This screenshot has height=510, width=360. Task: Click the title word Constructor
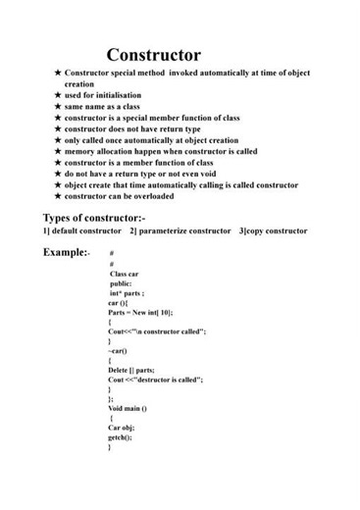tap(153, 55)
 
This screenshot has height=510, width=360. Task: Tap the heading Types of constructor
tap(94, 218)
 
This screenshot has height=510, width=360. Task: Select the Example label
tap(66, 253)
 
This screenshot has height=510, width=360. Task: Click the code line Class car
tap(125, 274)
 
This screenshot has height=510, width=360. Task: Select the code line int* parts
tap(128, 293)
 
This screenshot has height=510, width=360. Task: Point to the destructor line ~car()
tap(118, 350)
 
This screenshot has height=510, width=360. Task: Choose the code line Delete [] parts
tap(131, 370)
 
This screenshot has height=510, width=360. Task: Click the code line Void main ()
tap(128, 408)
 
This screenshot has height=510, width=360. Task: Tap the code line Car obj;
tap(121, 428)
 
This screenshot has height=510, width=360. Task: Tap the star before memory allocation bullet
tap(58, 152)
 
